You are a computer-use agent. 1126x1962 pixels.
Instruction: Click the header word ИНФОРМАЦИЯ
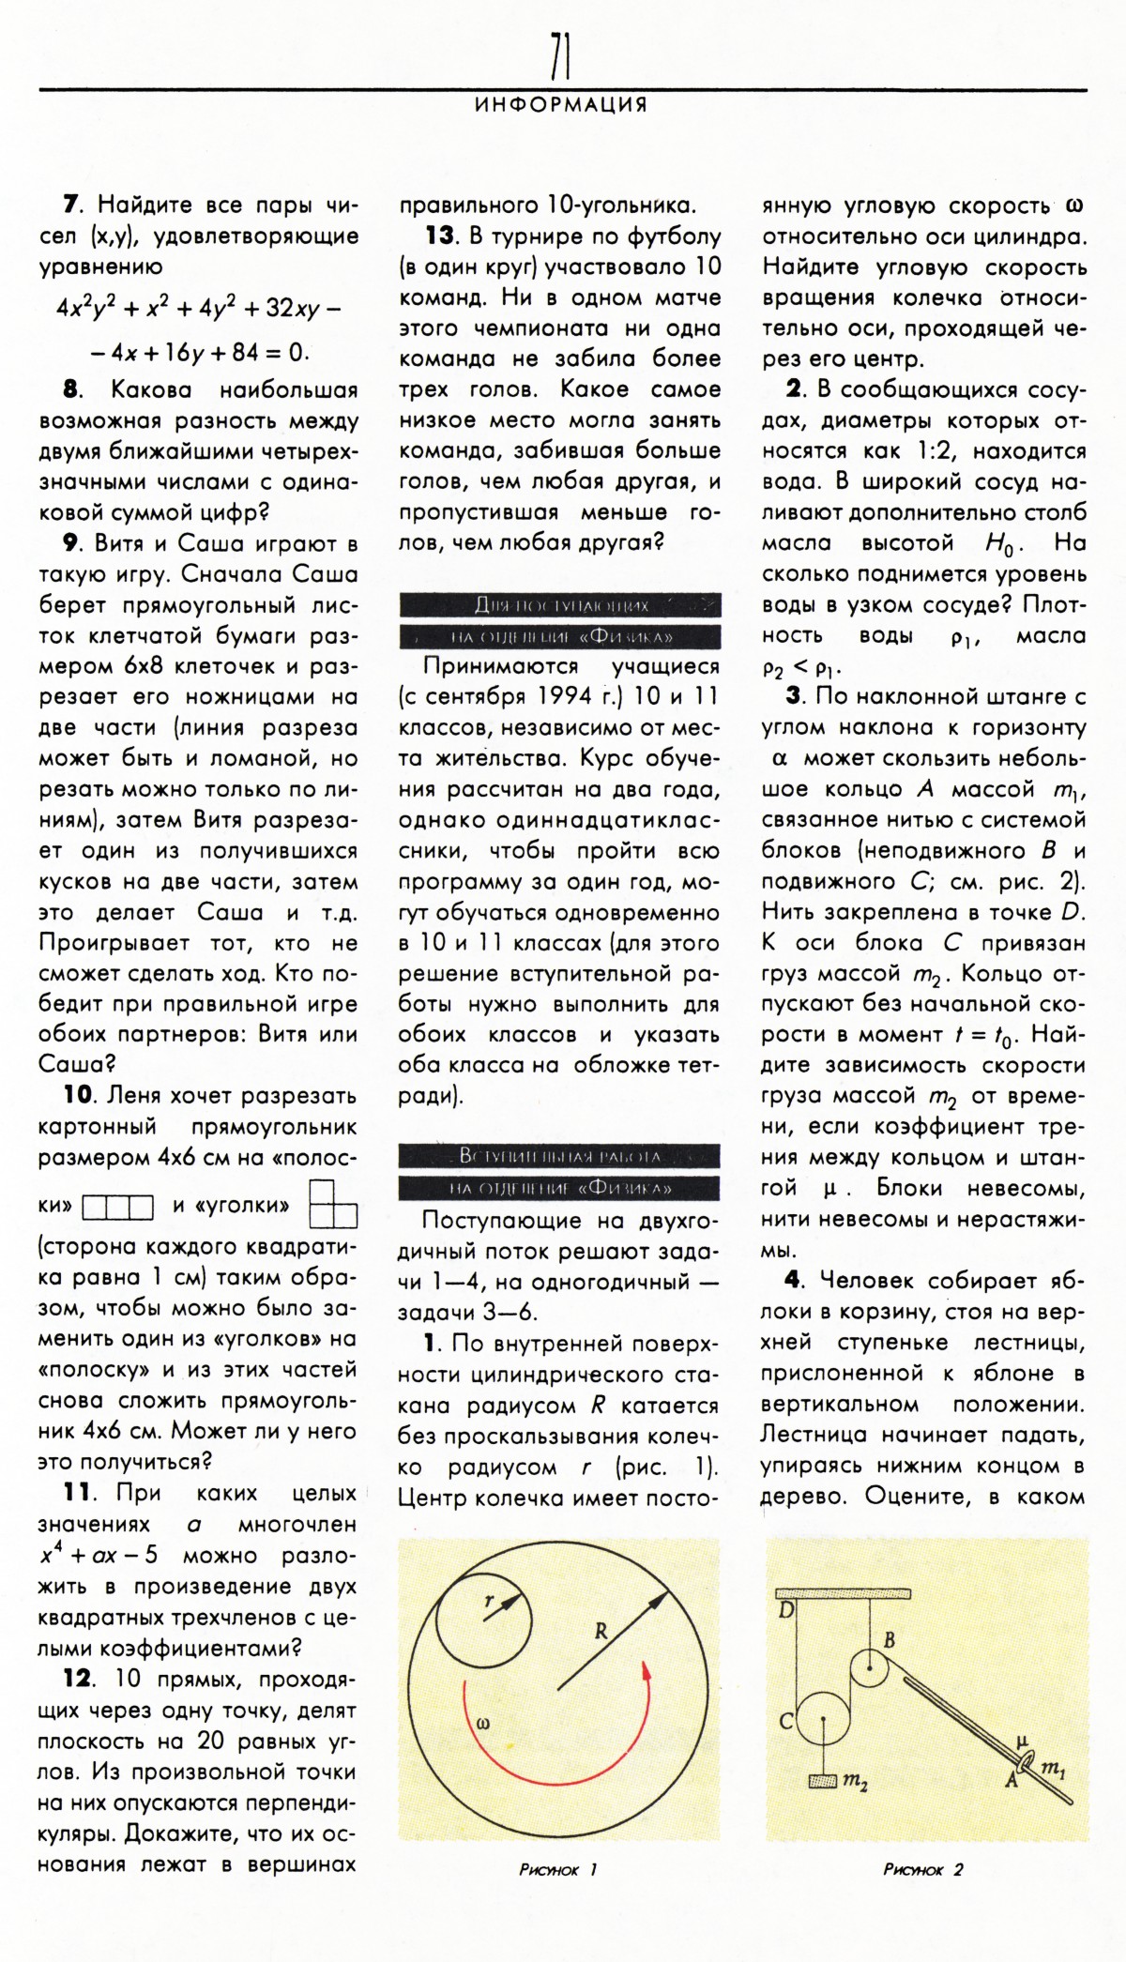click(x=561, y=105)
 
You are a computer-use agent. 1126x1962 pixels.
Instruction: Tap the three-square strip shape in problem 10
click(x=118, y=1207)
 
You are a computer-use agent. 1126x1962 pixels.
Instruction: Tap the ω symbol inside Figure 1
click(x=483, y=1723)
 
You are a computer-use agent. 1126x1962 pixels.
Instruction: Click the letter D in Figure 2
click(x=786, y=1611)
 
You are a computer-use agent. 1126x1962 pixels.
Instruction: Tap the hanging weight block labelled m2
click(x=823, y=1779)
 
